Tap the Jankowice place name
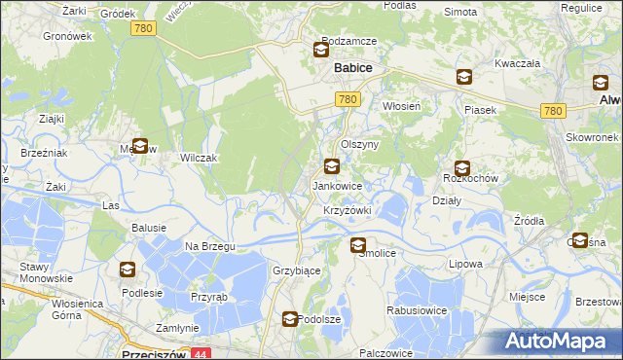click(337, 185)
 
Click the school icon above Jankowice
click(332, 167)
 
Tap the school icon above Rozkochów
click(461, 168)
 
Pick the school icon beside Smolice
click(358, 246)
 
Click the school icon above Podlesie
click(128, 270)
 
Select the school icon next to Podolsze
click(290, 318)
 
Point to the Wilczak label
click(198, 158)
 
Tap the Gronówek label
click(67, 36)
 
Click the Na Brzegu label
click(210, 246)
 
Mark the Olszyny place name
click(359, 143)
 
